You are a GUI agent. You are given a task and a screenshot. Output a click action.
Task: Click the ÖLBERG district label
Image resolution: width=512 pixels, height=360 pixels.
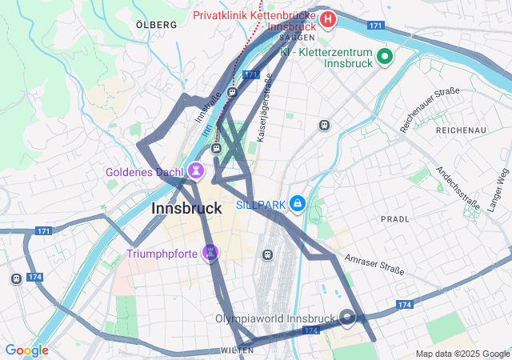[x=157, y=25]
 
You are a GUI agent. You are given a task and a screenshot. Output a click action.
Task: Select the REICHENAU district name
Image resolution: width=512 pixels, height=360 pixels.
[x=461, y=130]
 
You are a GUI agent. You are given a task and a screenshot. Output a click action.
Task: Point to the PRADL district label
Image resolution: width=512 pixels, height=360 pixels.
[x=394, y=218]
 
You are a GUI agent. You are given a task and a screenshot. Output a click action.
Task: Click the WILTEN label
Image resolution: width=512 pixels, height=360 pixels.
[x=238, y=350]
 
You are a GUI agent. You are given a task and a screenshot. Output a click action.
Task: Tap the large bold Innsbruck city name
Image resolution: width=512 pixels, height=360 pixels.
[x=186, y=208]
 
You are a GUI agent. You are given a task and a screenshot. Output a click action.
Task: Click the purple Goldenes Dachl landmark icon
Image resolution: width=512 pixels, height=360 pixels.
[x=195, y=171]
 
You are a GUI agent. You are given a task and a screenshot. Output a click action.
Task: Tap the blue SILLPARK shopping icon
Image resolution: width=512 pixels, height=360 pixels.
[x=298, y=204]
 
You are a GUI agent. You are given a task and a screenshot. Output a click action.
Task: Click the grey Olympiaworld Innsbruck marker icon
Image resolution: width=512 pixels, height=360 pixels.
[x=347, y=318]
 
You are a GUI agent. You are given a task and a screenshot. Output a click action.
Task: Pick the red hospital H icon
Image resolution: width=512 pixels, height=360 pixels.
[x=327, y=18]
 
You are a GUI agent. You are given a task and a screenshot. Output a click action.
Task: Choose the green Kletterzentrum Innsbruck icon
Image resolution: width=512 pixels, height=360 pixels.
[x=385, y=56]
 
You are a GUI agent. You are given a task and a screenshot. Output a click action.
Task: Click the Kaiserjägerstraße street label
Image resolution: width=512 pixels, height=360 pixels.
[x=264, y=109]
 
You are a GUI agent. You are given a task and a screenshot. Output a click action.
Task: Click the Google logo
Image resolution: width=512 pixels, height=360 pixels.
[x=26, y=350]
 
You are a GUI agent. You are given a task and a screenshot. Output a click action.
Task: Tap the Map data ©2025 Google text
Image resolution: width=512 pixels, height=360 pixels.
[x=462, y=354]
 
